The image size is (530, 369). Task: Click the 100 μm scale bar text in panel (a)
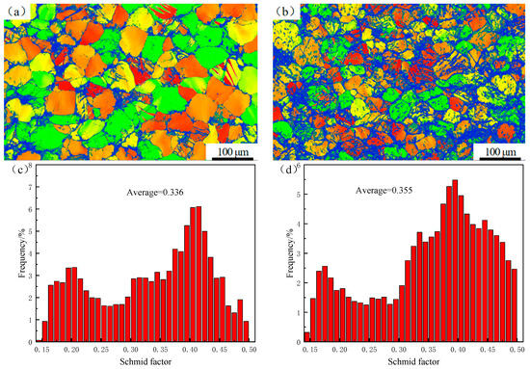[x=232, y=152]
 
